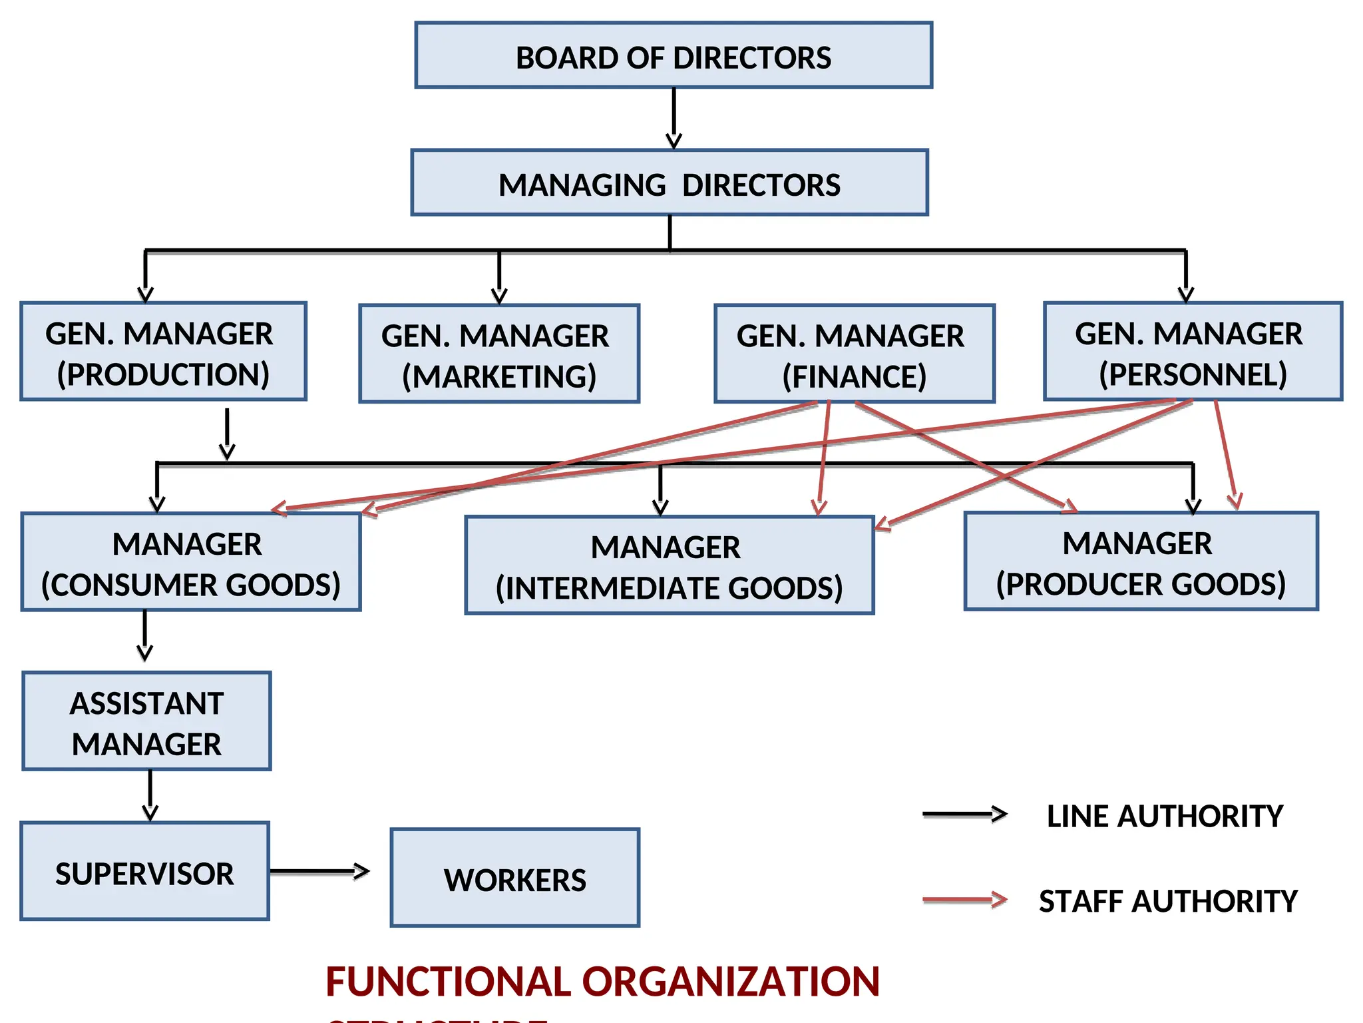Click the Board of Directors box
(674, 55)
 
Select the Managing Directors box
(670, 182)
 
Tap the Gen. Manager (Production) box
(163, 352)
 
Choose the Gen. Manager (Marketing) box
(499, 354)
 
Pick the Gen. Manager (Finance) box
(855, 354)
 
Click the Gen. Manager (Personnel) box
(1193, 352)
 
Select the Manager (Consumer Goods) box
(191, 561)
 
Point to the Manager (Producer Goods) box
(1141, 561)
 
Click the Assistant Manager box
(146, 721)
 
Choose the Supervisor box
(144, 871)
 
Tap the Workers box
(515, 878)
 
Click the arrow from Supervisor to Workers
(319, 871)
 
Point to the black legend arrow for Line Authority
(964, 814)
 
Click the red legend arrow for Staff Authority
(964, 900)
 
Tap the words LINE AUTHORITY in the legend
(1165, 816)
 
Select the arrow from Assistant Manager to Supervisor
(150, 795)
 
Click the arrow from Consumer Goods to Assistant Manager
(145, 636)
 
